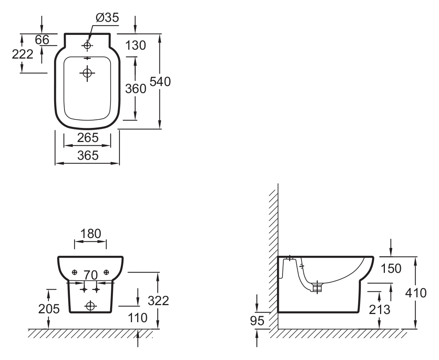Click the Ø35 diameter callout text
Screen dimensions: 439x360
point(107,18)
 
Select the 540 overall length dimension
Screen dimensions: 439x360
point(160,82)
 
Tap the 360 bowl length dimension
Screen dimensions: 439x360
point(135,89)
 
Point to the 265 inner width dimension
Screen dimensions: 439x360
point(88,138)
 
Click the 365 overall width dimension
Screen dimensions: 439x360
point(88,155)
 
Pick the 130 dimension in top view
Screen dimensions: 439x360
point(135,45)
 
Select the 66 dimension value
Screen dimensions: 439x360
point(42,40)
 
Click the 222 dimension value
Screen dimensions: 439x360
point(22,54)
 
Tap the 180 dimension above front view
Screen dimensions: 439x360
point(91,234)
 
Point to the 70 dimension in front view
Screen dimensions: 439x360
point(90,275)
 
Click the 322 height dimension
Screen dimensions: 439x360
point(158,301)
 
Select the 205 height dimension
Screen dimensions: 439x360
point(49,309)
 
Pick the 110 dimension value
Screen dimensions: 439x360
point(138,318)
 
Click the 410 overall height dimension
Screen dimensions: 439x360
point(416,293)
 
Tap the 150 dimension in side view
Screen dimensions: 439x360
point(391,269)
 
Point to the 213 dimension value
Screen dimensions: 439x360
point(380,310)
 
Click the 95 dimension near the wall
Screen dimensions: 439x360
point(257,321)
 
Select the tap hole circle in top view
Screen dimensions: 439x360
point(88,45)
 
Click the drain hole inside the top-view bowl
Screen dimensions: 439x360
point(88,73)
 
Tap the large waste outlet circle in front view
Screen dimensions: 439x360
point(90,306)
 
